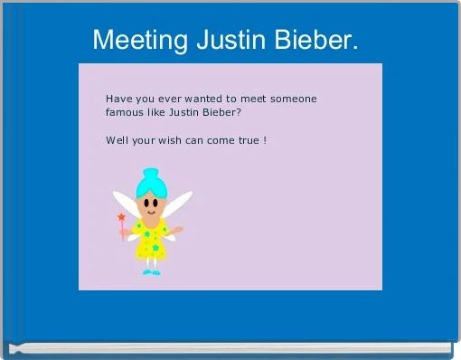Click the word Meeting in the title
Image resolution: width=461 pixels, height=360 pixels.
(x=137, y=41)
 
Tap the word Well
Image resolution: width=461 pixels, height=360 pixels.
(x=117, y=141)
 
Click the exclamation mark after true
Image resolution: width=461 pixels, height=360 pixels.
(x=264, y=141)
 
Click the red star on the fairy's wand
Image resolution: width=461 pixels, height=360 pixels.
(x=120, y=217)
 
